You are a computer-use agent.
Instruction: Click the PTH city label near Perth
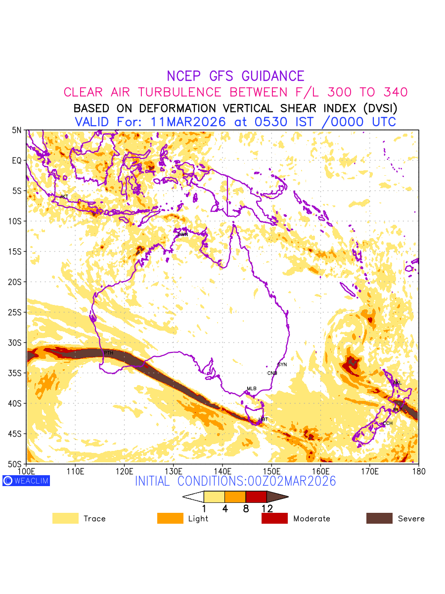click(x=108, y=353)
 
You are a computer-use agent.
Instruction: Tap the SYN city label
click(x=282, y=365)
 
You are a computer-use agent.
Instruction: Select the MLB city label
click(x=252, y=389)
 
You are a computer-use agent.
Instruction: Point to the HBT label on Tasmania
click(x=263, y=419)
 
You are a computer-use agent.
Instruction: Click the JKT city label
click(x=64, y=197)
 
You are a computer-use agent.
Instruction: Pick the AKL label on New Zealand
click(x=397, y=383)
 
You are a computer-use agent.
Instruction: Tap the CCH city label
click(x=388, y=424)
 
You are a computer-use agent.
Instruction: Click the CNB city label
click(x=272, y=373)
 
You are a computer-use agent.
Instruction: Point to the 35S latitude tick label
click(x=16, y=373)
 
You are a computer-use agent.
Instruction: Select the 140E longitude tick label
click(x=222, y=471)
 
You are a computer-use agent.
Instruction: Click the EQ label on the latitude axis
click(x=17, y=160)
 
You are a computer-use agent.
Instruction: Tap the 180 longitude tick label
click(x=418, y=471)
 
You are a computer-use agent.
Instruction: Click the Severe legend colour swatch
click(x=379, y=518)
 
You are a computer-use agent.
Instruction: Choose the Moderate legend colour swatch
click(x=274, y=518)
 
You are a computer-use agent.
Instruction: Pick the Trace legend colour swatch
click(x=65, y=518)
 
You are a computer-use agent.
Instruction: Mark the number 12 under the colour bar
click(x=267, y=508)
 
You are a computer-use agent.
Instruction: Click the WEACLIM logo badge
click(x=26, y=481)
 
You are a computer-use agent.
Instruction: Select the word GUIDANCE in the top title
click(x=273, y=76)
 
